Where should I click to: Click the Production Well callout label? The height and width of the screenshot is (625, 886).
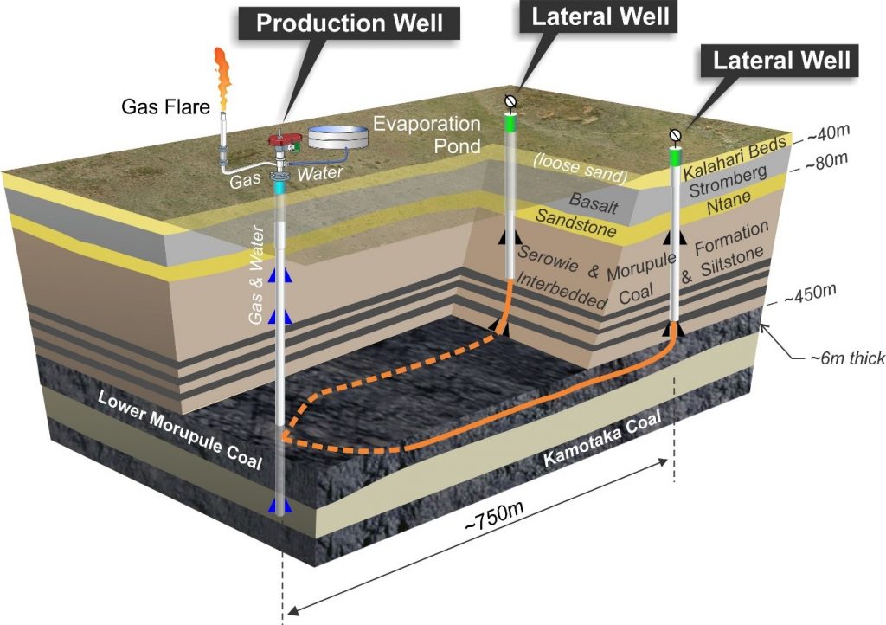click(x=350, y=23)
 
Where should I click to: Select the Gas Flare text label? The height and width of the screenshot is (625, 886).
click(x=165, y=106)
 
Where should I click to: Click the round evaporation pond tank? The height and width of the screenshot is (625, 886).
click(x=338, y=138)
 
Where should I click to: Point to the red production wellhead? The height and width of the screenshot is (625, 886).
click(x=284, y=139)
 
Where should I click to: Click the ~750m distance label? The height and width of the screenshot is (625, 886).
click(x=494, y=516)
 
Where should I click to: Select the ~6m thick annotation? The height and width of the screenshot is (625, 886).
click(x=847, y=358)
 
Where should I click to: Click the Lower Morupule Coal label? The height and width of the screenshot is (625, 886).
click(x=180, y=428)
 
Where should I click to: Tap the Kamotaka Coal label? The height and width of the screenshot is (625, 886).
click(x=602, y=439)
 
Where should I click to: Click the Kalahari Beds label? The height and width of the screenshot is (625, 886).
click(x=734, y=158)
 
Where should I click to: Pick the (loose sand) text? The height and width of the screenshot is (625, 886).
click(x=581, y=168)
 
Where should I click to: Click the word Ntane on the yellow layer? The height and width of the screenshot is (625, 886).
click(x=729, y=203)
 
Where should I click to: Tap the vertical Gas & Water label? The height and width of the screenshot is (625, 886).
click(x=256, y=274)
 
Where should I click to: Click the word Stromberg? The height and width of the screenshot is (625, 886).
click(x=728, y=181)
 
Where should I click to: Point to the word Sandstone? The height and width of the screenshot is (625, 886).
click(x=575, y=222)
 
